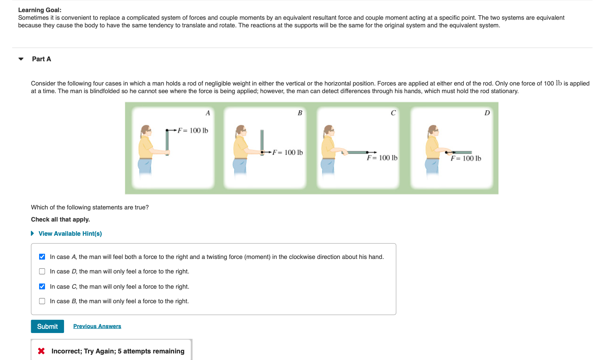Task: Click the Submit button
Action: click(x=47, y=326)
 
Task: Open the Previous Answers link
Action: click(x=97, y=326)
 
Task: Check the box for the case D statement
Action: click(x=42, y=271)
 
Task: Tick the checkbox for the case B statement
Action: click(x=42, y=301)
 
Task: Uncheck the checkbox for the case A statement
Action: click(x=42, y=257)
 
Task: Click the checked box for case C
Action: click(x=42, y=287)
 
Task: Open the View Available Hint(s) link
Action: click(x=70, y=234)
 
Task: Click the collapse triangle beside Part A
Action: click(x=21, y=59)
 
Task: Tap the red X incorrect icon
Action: click(x=41, y=351)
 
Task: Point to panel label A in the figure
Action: click(x=208, y=113)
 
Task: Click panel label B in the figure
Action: click(x=300, y=113)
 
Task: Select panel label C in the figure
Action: click(x=393, y=113)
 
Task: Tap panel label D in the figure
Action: click(x=487, y=113)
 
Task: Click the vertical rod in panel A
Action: click(x=167, y=142)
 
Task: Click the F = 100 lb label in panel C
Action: click(x=382, y=158)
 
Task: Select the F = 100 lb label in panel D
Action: click(x=466, y=158)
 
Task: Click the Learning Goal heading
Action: click(x=40, y=10)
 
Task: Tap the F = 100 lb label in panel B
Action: click(x=288, y=152)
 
